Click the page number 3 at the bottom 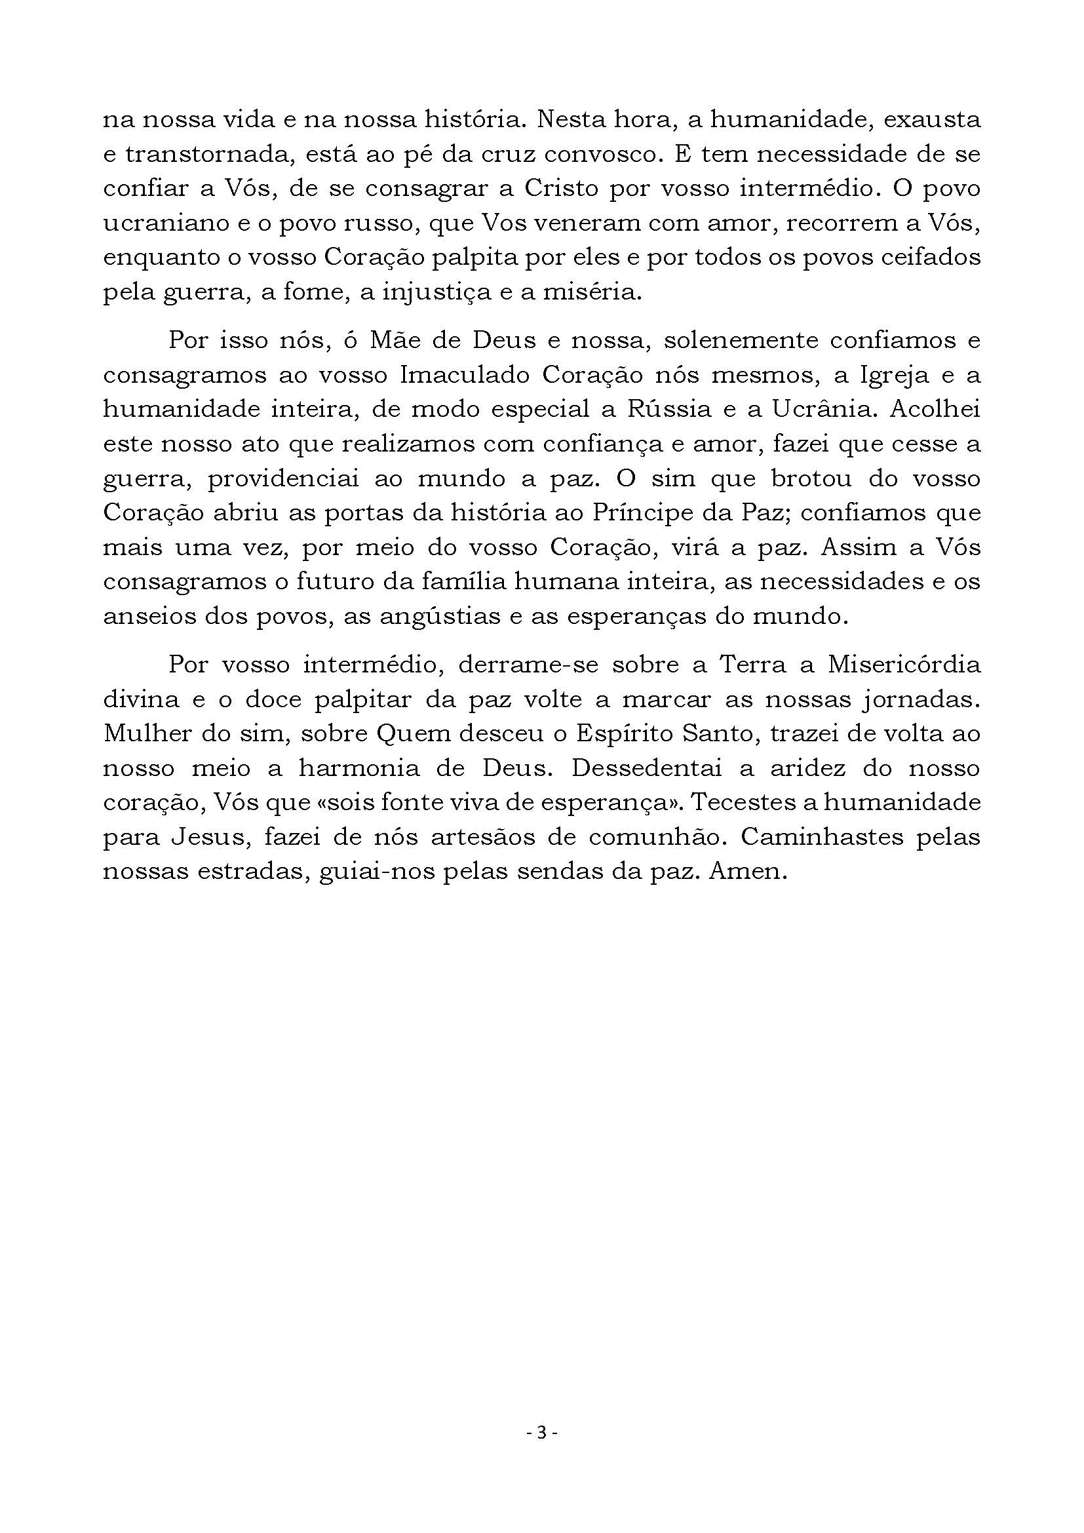[541, 1431]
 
